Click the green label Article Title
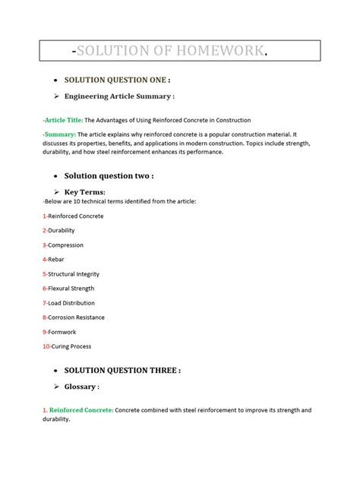(x=62, y=120)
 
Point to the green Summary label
(x=58, y=134)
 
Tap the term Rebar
(x=57, y=259)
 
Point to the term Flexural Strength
(x=71, y=289)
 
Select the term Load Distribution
(x=72, y=303)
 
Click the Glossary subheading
(x=81, y=387)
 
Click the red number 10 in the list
(x=46, y=346)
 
